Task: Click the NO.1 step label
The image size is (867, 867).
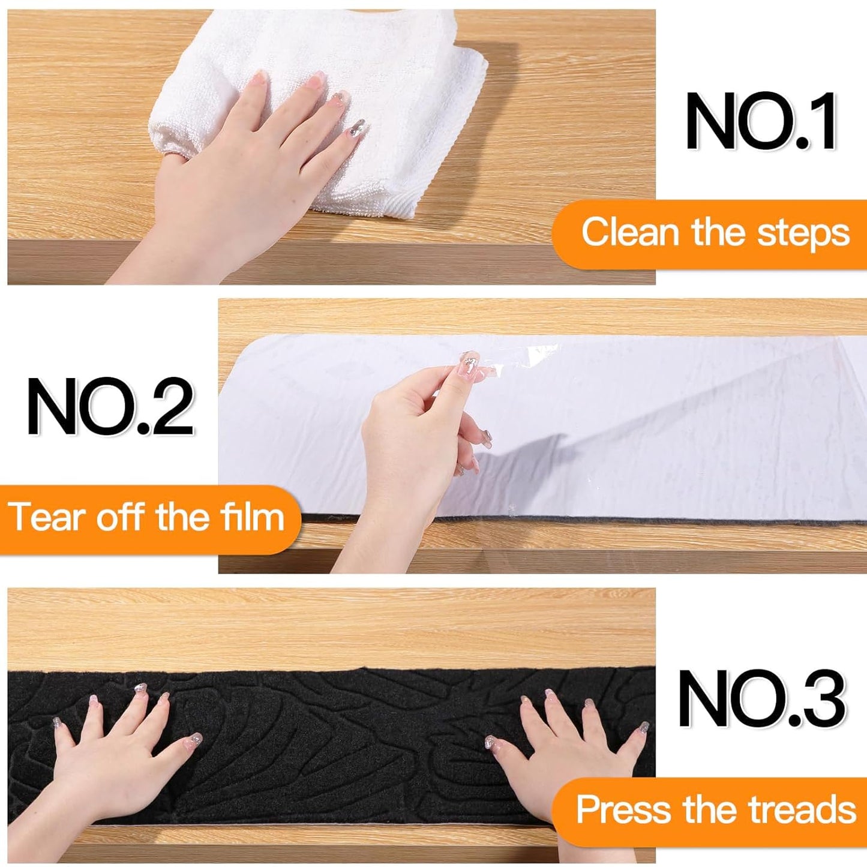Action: coord(761,122)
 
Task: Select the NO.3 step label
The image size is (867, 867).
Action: coord(761,698)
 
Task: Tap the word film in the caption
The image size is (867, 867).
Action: coord(252,517)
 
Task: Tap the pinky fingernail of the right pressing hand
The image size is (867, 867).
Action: coord(643,727)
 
